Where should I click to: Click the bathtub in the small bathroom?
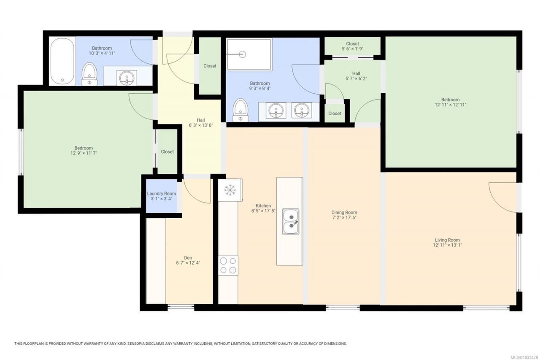[x=62, y=61]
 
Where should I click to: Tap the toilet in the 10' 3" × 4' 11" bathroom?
[x=89, y=74]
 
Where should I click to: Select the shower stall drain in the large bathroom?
[x=242, y=54]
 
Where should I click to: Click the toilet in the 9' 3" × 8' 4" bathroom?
[x=240, y=110]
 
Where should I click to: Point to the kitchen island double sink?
[x=291, y=221]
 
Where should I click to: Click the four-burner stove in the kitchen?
[x=228, y=265]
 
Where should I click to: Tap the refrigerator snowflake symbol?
[x=230, y=190]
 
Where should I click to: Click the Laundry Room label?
[x=162, y=194]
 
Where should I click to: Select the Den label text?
[x=188, y=258]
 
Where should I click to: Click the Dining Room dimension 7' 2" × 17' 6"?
[x=344, y=217]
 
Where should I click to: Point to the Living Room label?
[x=447, y=240]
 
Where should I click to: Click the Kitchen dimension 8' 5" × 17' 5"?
[x=263, y=211]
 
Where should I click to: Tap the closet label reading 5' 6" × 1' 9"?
[x=352, y=49]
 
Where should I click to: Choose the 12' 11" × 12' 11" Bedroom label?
[x=450, y=102]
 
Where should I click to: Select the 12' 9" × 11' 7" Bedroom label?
[x=84, y=151]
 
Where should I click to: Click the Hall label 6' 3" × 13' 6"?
[x=201, y=123]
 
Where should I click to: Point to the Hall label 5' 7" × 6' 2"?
[x=356, y=76]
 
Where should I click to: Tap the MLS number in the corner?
[x=526, y=357]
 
